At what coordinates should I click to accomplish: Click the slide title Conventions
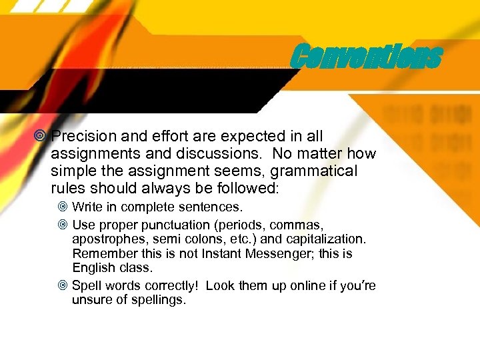tap(366, 57)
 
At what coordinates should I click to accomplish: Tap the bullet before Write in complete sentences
tap(63, 207)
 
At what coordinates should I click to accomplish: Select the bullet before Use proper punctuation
tap(63, 224)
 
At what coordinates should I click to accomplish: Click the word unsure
tap(92, 301)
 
